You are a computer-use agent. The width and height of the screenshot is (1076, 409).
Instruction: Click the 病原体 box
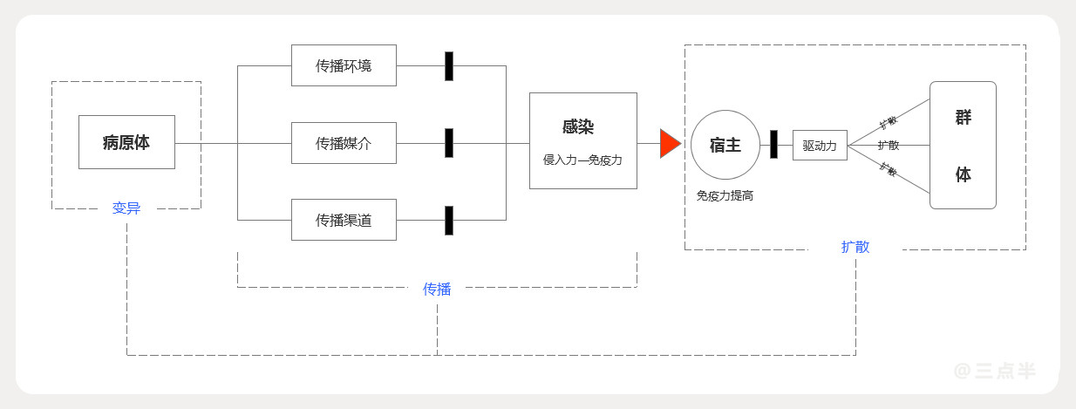point(126,142)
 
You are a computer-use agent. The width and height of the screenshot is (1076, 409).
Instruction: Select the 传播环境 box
point(344,65)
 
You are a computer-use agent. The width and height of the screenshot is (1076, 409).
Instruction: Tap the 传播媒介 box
point(344,143)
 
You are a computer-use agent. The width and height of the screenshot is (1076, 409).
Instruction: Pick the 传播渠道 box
point(344,220)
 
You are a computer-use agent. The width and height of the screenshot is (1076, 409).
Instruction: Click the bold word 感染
point(578,126)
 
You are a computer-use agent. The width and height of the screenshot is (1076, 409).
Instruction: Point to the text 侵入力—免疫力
point(582,160)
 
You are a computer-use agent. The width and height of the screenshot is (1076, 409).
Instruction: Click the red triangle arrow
point(669,143)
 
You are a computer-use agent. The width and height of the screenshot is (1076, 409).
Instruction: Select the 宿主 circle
point(725,145)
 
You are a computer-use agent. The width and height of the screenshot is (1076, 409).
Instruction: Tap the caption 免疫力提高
point(725,196)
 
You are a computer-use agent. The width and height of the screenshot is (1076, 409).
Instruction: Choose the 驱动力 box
point(820,146)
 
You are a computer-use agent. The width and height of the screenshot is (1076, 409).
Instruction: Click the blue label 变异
point(126,208)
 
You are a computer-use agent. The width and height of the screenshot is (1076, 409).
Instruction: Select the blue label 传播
point(437,289)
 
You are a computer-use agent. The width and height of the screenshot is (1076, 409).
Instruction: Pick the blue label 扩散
point(855,247)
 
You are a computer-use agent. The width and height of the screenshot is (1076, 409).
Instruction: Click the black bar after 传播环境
point(449,66)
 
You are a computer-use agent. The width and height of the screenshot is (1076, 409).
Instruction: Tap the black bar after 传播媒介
point(449,143)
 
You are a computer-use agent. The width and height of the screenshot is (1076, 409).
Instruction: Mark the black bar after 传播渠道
point(449,221)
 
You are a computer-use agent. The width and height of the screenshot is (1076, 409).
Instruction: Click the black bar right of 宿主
point(773,145)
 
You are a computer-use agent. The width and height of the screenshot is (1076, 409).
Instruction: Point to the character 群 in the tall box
point(963,118)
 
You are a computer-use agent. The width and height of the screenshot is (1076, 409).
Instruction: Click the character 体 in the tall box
point(963,174)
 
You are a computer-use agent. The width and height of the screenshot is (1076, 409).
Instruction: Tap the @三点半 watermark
point(994,371)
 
